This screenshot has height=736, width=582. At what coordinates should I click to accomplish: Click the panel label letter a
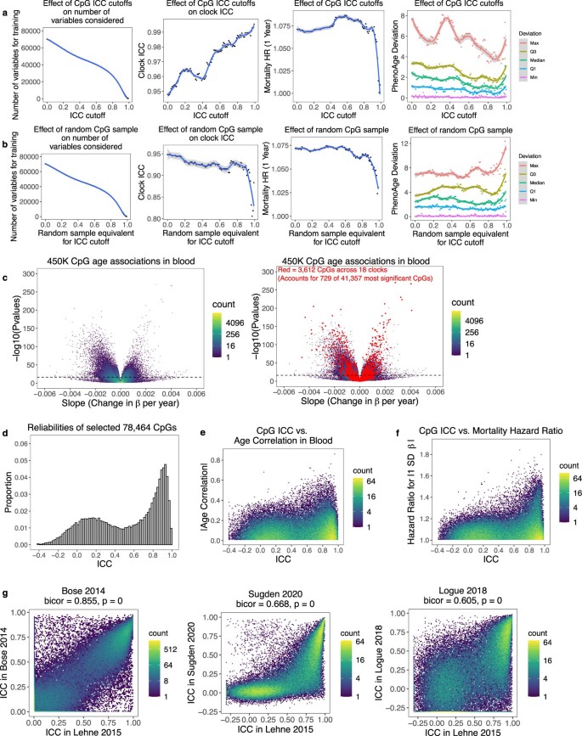pos(5,6)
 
